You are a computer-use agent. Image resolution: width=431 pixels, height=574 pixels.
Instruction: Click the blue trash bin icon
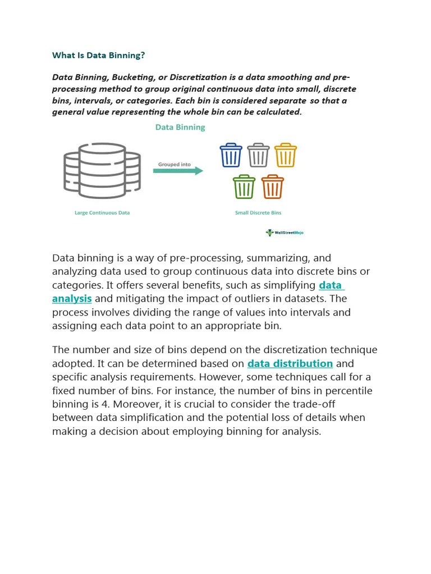[231, 155]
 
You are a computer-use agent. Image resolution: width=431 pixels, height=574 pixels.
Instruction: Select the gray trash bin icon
[258, 155]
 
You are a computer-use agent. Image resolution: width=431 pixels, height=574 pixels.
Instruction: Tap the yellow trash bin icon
[286, 155]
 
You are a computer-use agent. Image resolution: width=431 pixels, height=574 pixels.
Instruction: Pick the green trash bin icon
[244, 187]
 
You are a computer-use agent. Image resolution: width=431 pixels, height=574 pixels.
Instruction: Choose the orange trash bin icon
[273, 187]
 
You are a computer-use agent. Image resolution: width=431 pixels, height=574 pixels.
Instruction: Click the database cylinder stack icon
[102, 170]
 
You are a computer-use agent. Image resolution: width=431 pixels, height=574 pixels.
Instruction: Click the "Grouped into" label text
[174, 164]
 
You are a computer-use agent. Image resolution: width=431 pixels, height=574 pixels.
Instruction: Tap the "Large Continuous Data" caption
[102, 213]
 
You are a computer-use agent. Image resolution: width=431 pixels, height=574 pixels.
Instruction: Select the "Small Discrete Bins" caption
[258, 213]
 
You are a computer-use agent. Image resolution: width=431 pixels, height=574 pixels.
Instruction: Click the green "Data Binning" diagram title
[180, 127]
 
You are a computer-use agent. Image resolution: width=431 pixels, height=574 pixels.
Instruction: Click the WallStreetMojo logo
[285, 232]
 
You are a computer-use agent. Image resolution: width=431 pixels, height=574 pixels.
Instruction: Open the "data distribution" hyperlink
[290, 364]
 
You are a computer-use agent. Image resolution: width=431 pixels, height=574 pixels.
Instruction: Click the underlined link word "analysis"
[72, 299]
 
